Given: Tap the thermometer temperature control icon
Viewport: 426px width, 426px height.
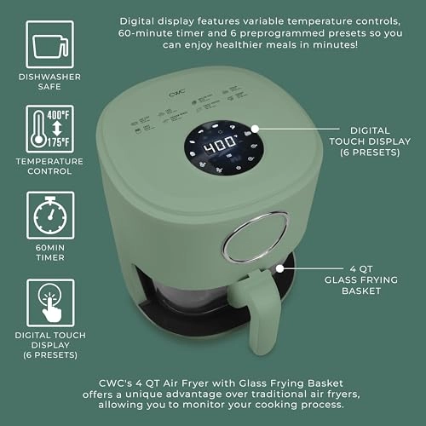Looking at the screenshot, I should point(49,125).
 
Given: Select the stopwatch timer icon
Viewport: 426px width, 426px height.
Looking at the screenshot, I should point(49,215).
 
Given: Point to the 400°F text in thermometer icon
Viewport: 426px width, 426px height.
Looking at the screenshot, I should point(60,113).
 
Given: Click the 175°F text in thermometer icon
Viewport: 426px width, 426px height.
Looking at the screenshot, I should point(60,140).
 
